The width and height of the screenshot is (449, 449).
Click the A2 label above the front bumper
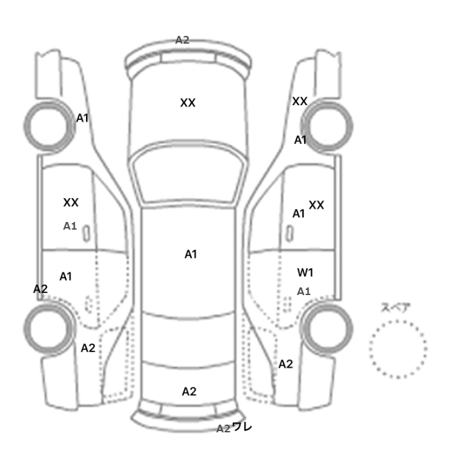182,40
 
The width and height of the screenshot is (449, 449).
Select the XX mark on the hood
188,103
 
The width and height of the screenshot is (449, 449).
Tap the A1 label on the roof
191,254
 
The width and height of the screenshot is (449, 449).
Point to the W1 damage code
305,273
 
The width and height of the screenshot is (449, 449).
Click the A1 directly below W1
303,291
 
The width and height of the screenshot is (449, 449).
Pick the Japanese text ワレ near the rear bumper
242,427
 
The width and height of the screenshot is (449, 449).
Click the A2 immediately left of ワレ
223,428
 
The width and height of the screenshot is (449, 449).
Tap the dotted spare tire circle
398,321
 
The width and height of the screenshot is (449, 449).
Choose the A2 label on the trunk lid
189,391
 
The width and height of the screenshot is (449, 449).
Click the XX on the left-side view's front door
71,203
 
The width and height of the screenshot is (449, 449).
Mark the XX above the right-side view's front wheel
300,101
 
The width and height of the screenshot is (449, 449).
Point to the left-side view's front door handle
86,233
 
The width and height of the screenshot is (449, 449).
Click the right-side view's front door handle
290,233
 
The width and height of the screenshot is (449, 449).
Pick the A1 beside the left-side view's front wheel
82,118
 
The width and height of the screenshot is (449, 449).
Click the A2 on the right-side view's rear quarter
285,364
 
